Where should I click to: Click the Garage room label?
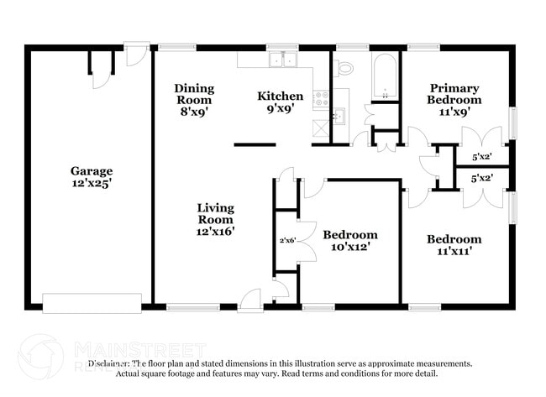pos(92,171)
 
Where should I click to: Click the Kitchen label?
pos(280,96)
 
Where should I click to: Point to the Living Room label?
pos(216,207)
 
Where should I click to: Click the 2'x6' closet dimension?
pos(288,240)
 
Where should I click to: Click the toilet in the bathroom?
pos(345,68)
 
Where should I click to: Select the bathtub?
pos(385,77)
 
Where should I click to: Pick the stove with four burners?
pos(320,99)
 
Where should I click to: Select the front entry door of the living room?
pos(250,298)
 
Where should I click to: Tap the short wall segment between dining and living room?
pos(255,144)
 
